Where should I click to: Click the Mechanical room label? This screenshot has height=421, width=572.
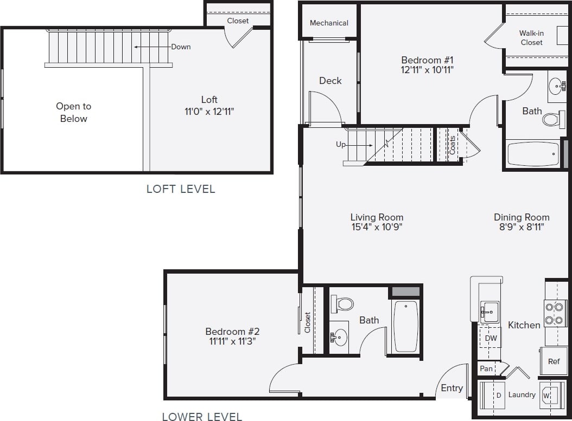click(329, 23)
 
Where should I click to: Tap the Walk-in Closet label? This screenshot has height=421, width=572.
click(531, 37)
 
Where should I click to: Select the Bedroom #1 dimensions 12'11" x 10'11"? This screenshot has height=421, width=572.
click(427, 69)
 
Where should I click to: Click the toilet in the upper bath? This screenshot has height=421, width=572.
click(553, 119)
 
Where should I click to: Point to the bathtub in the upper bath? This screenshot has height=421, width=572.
click(533, 154)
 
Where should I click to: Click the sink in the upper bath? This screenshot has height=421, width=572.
click(556, 86)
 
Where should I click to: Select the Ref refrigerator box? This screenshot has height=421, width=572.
click(554, 361)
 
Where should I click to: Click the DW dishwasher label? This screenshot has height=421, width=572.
click(491, 338)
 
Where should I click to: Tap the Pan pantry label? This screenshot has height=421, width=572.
click(486, 368)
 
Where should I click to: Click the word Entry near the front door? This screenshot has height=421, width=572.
click(452, 388)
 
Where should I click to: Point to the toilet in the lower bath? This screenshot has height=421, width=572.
click(343, 303)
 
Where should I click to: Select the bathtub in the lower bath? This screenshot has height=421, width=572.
click(405, 326)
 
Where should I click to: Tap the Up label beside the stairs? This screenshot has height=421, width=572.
click(341, 145)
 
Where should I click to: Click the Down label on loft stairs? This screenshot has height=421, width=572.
click(181, 47)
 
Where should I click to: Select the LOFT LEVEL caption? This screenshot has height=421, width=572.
click(181, 189)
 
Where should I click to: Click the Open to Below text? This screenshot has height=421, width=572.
click(74, 112)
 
